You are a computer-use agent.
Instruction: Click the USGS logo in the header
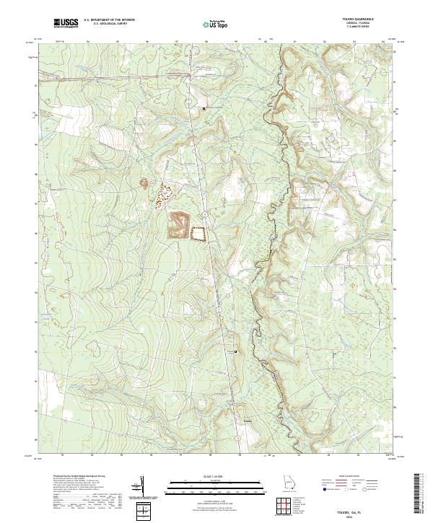pyautogui.click(x=66, y=23)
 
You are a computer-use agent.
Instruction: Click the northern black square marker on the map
pyautogui.click(x=204, y=108)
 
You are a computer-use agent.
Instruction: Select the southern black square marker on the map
pyautogui.click(x=236, y=351)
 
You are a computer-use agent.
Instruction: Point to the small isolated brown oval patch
pyautogui.click(x=142, y=183)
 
